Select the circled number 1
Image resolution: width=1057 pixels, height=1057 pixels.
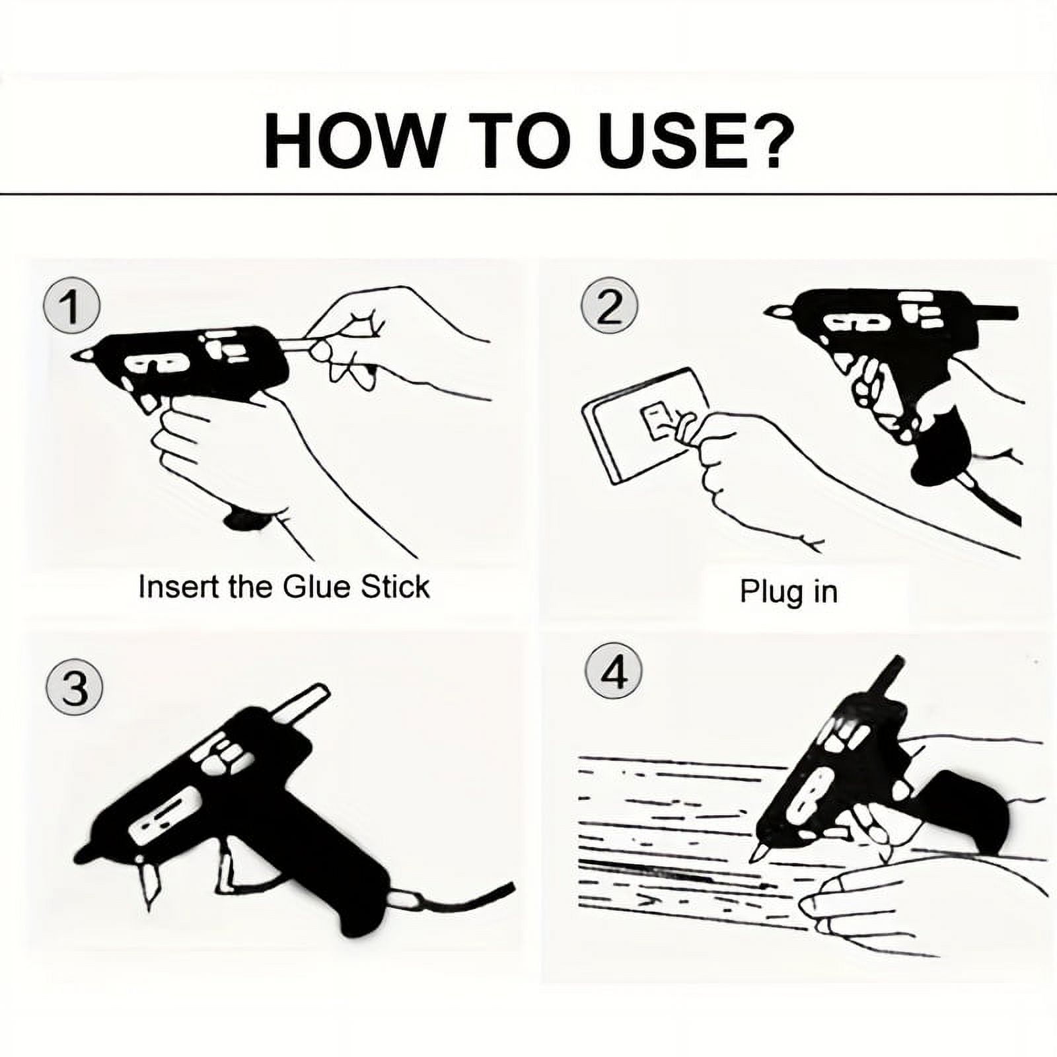tap(71, 307)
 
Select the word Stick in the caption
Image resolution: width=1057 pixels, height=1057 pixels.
tap(395, 587)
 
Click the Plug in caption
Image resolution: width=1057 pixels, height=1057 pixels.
tap(788, 591)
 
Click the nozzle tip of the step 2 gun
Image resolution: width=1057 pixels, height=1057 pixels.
tap(774, 310)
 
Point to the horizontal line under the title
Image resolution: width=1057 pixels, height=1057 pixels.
tap(528, 194)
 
